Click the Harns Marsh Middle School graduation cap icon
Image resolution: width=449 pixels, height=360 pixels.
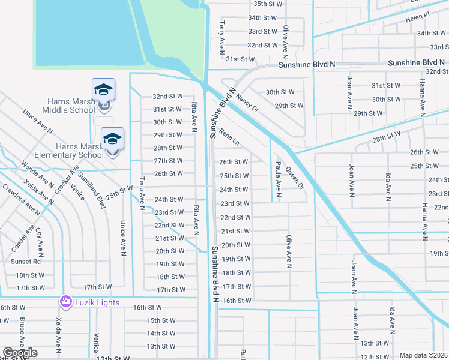[103, 90]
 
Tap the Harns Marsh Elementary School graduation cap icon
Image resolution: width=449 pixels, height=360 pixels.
[112, 139]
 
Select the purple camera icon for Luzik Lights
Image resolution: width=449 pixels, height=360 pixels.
[65, 302]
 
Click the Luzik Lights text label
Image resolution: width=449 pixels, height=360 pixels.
[97, 302]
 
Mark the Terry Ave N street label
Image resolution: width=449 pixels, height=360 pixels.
[221, 34]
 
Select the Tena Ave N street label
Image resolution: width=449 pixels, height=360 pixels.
[142, 193]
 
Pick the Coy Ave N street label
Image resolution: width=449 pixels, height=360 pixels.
[40, 240]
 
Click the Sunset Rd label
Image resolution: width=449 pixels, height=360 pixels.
[28, 262]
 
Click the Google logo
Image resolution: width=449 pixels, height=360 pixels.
[20, 353]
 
